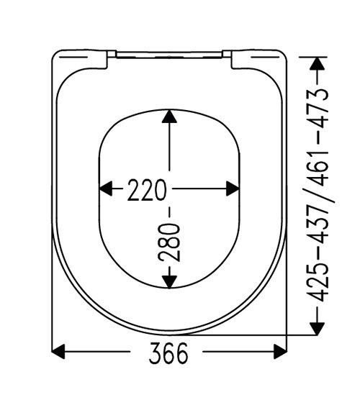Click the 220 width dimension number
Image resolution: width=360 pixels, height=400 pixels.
coord(147,189)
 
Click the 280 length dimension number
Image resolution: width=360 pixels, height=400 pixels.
coord(169,242)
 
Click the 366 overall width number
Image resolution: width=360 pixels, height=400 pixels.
coord(168,353)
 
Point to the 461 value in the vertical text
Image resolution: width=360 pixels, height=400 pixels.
coord(318,168)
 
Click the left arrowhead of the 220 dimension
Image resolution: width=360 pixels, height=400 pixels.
coord(105,188)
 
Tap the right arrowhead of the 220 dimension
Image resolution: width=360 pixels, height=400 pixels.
coord(233,188)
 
